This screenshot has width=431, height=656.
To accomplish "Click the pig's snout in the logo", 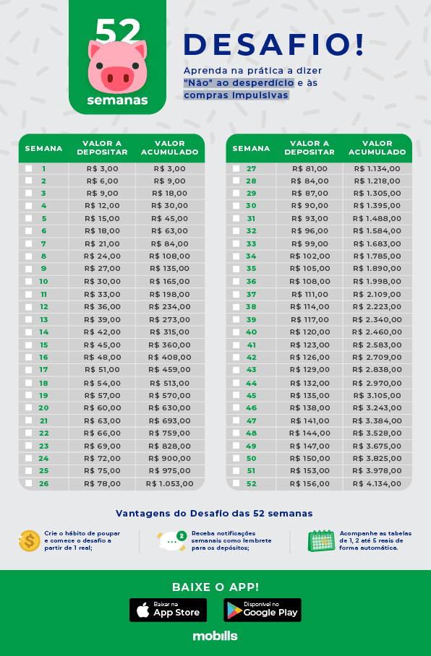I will (x=117, y=76).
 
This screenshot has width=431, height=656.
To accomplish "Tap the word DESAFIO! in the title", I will (x=274, y=45).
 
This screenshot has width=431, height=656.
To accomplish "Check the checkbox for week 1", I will (x=29, y=168).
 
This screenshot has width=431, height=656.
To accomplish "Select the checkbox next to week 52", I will (x=236, y=483).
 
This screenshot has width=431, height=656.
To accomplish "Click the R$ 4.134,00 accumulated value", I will (x=377, y=483).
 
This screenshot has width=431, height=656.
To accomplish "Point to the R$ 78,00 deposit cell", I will (x=102, y=483).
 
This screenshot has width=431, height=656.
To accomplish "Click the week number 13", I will (x=43, y=319).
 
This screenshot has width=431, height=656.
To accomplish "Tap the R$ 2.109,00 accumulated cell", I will (x=377, y=294).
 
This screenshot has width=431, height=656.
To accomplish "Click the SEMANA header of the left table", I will (x=43, y=148).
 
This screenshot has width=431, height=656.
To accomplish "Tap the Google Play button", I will (x=263, y=610).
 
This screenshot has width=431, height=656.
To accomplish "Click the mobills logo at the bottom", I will (x=215, y=636).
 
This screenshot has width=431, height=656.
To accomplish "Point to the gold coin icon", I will (x=30, y=540).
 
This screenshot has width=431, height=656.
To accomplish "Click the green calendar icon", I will (x=321, y=540).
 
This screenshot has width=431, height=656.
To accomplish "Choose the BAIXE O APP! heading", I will (x=215, y=587).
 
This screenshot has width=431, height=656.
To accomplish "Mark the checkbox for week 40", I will (x=236, y=332).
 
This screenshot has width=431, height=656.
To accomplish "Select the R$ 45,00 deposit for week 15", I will (x=102, y=345).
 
